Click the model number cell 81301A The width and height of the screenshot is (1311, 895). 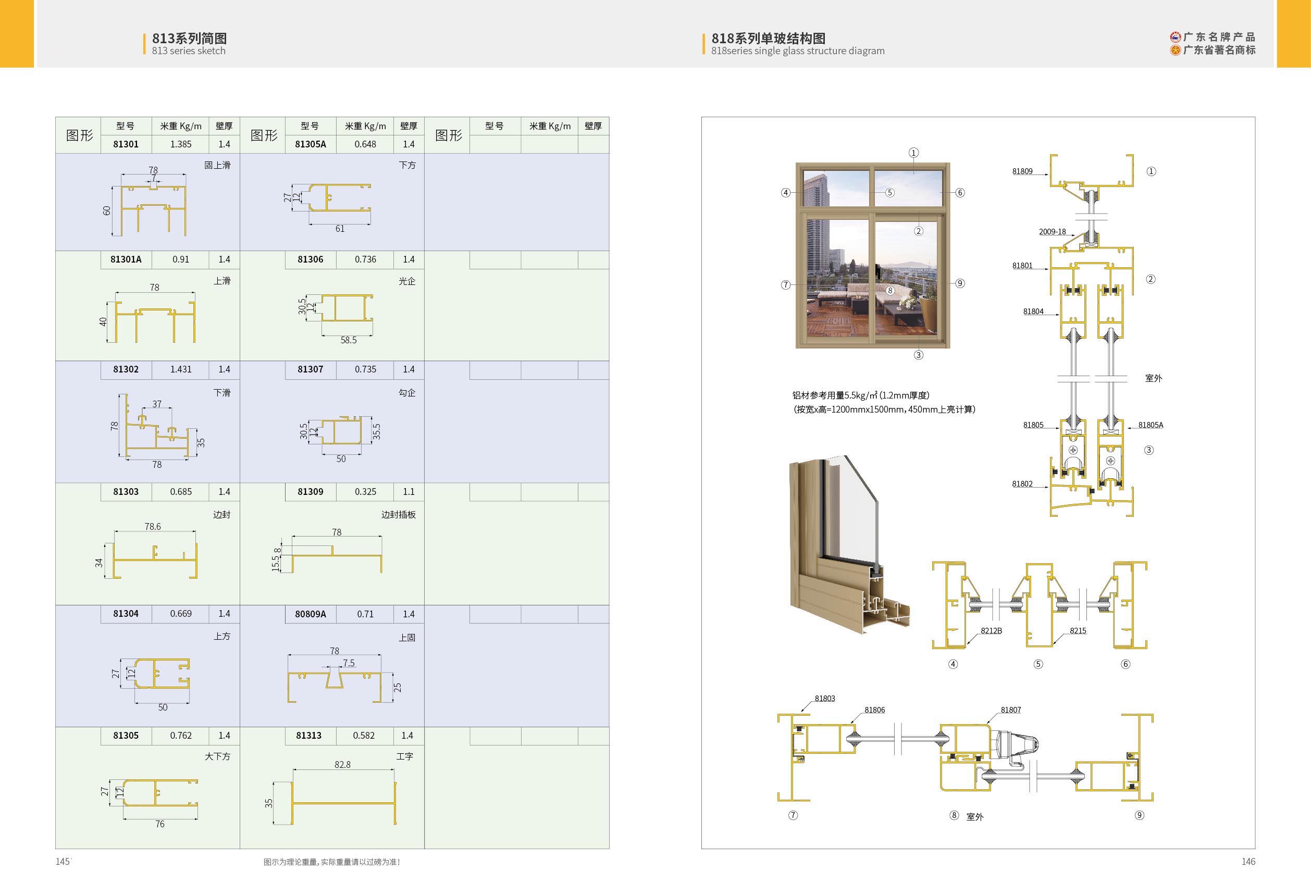click(x=126, y=259)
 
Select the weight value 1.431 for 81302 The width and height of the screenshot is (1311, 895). click(x=180, y=369)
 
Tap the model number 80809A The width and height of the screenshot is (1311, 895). click(x=310, y=614)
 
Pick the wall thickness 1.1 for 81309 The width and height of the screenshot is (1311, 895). click(x=409, y=492)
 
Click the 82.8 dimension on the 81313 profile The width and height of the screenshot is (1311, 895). click(x=342, y=765)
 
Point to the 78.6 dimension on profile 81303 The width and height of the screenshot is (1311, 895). click(x=152, y=527)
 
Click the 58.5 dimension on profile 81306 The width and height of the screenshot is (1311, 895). click(x=348, y=340)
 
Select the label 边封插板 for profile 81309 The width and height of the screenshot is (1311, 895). click(x=398, y=514)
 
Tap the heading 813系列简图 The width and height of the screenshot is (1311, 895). click(x=189, y=39)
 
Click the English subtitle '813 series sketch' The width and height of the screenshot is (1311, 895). click(x=189, y=51)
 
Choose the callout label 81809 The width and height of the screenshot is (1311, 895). click(x=1022, y=171)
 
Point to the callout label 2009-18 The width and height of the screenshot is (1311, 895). click(x=1052, y=232)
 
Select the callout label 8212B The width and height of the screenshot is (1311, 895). click(x=991, y=630)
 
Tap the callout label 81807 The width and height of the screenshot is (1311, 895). click(x=1011, y=710)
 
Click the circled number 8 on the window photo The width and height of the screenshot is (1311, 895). click(x=889, y=291)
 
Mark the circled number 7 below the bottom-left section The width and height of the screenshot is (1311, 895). click(x=793, y=815)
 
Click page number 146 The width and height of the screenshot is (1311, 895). click(x=1248, y=861)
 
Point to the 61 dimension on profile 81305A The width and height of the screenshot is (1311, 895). click(x=340, y=228)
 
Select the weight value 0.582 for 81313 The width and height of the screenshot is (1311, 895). click(x=364, y=736)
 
